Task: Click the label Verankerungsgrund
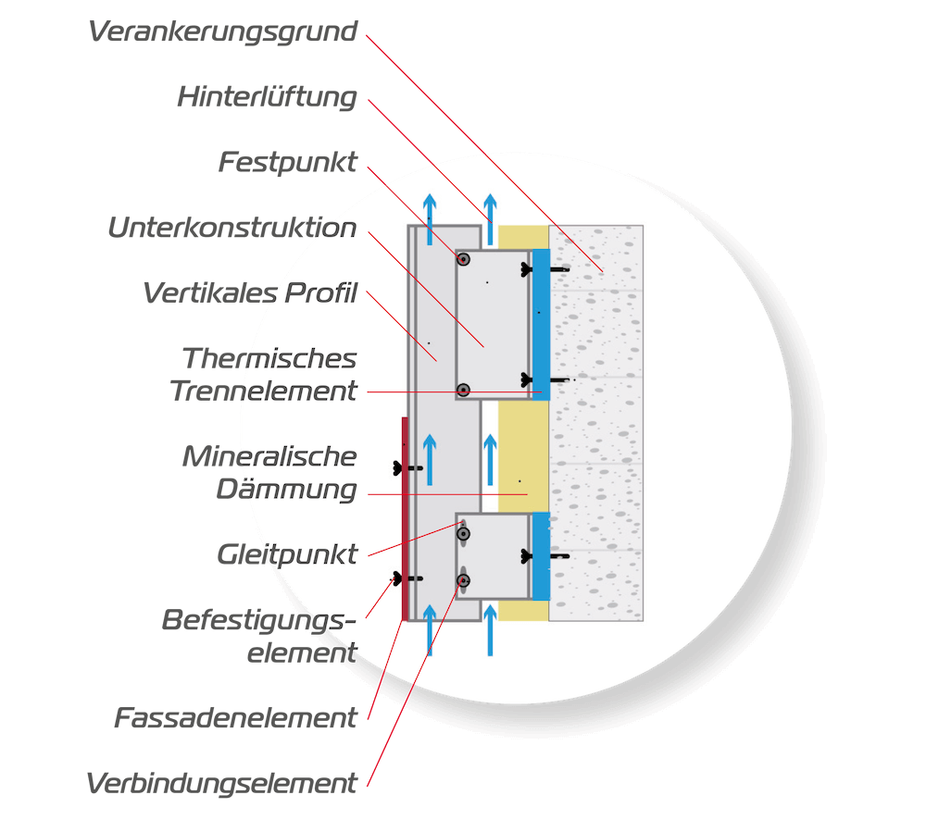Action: (x=222, y=32)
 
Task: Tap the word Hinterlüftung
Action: (x=267, y=97)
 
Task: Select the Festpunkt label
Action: (x=287, y=163)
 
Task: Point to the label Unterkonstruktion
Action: (x=231, y=229)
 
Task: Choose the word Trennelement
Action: (x=263, y=391)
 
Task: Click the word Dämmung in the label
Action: (x=286, y=489)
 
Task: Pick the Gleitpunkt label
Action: (x=286, y=554)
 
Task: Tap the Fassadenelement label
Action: (x=235, y=717)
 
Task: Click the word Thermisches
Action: (x=269, y=358)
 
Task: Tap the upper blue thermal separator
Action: (x=541, y=324)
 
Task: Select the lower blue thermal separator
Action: (x=541, y=555)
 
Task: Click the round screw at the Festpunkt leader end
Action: (x=462, y=259)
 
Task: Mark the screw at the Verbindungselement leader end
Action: (x=463, y=580)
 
